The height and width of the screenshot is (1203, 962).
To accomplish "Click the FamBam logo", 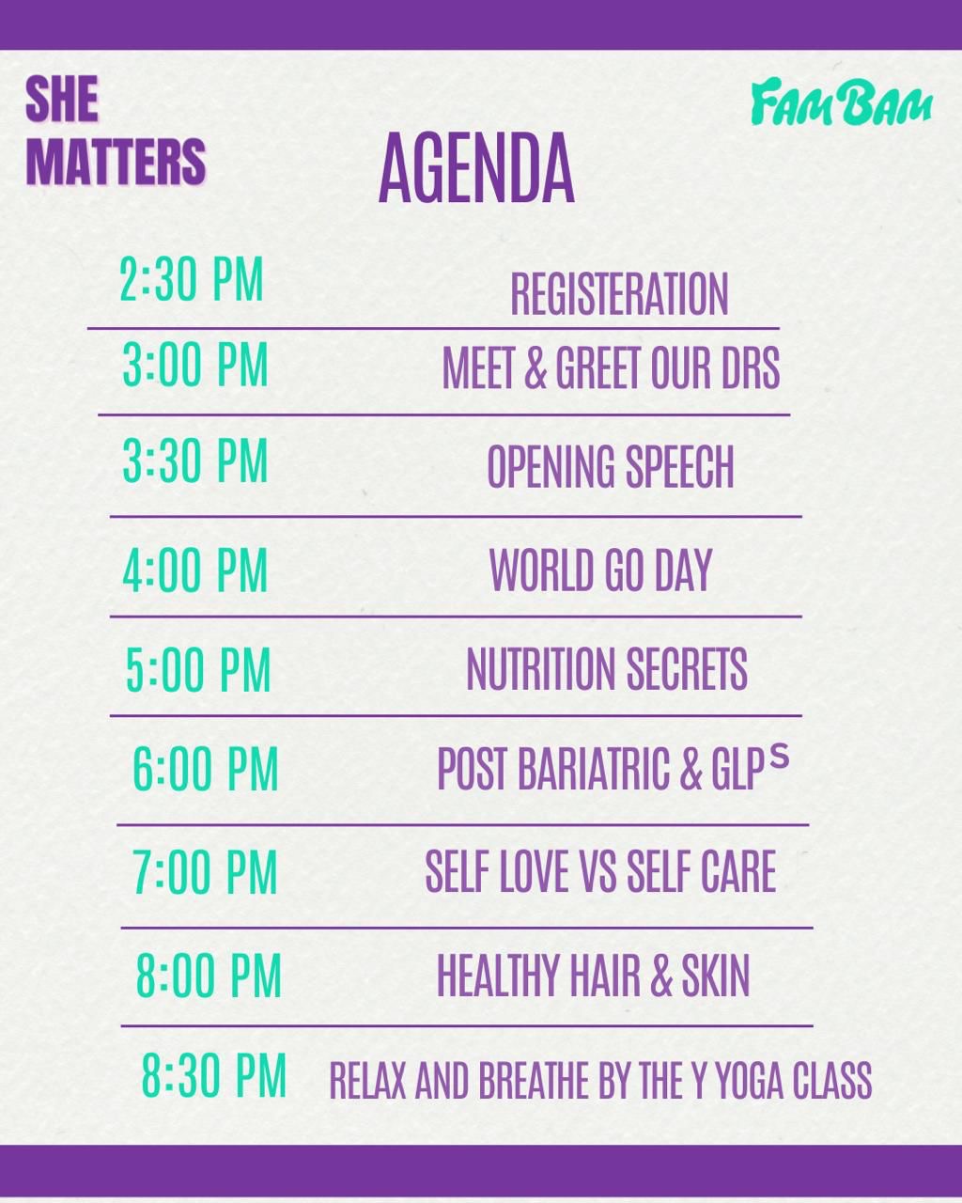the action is [x=841, y=102].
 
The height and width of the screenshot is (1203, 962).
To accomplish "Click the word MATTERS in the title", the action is [x=116, y=162].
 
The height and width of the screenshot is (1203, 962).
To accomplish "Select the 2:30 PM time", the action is [x=191, y=280].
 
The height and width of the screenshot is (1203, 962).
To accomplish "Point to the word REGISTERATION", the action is [x=619, y=294].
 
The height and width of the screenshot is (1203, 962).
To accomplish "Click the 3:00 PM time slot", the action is [x=195, y=365].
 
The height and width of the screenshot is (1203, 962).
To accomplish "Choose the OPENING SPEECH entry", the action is [x=611, y=467].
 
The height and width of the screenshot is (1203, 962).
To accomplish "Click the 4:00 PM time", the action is [x=195, y=570].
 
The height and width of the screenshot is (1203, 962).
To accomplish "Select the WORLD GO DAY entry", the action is [x=601, y=570].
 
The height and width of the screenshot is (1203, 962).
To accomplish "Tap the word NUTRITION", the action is [x=540, y=669].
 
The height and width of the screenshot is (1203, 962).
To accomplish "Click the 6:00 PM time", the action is [x=205, y=769].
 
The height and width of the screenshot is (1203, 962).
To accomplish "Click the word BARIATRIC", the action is [x=594, y=769].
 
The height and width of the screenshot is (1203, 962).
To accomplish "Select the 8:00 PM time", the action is [x=209, y=976].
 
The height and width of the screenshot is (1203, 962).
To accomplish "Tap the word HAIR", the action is [x=605, y=976].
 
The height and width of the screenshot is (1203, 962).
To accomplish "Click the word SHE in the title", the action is [x=62, y=99].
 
